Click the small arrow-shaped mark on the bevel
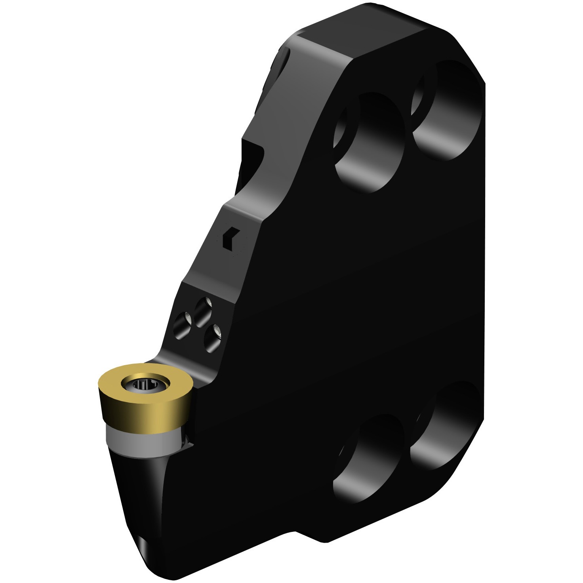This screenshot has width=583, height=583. [x=229, y=238]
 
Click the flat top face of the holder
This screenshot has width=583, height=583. [x=376, y=36]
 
